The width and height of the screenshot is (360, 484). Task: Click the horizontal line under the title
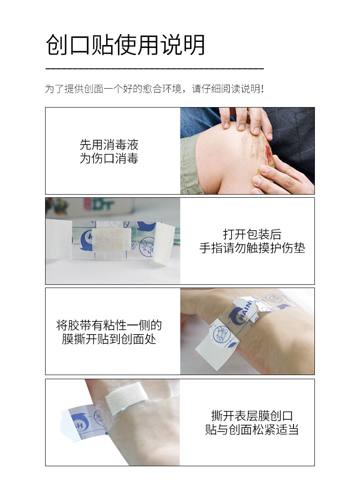154,68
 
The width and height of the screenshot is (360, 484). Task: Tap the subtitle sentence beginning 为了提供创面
154,88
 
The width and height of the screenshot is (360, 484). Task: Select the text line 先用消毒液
109,145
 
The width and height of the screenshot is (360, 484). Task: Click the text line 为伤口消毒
109,159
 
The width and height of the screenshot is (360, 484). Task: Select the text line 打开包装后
252,234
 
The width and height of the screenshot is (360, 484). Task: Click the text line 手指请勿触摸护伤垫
252,248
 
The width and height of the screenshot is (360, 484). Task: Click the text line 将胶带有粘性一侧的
109,325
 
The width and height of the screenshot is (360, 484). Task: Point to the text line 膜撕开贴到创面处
109,339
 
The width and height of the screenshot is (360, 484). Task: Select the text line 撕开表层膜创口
252,416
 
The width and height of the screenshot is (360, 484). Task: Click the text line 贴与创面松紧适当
252,429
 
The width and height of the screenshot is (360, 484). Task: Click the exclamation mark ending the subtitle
262,88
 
